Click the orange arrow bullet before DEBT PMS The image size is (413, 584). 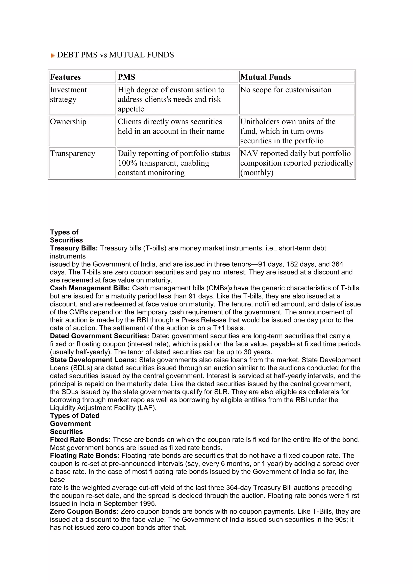click(x=53, y=55)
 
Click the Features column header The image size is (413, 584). click(x=65, y=77)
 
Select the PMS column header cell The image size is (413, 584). click(x=126, y=77)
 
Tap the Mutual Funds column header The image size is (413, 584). click(x=266, y=77)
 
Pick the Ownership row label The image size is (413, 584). click(x=68, y=122)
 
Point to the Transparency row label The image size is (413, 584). click(x=72, y=153)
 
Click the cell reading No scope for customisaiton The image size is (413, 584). click(x=286, y=90)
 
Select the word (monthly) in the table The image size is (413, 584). click(x=257, y=173)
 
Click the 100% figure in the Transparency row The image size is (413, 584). click(x=127, y=163)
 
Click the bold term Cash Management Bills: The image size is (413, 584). click(x=90, y=288)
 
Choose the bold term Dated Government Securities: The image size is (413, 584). click(x=99, y=336)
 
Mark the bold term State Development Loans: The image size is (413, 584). click(x=93, y=360)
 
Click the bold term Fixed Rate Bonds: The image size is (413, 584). click(x=80, y=440)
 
